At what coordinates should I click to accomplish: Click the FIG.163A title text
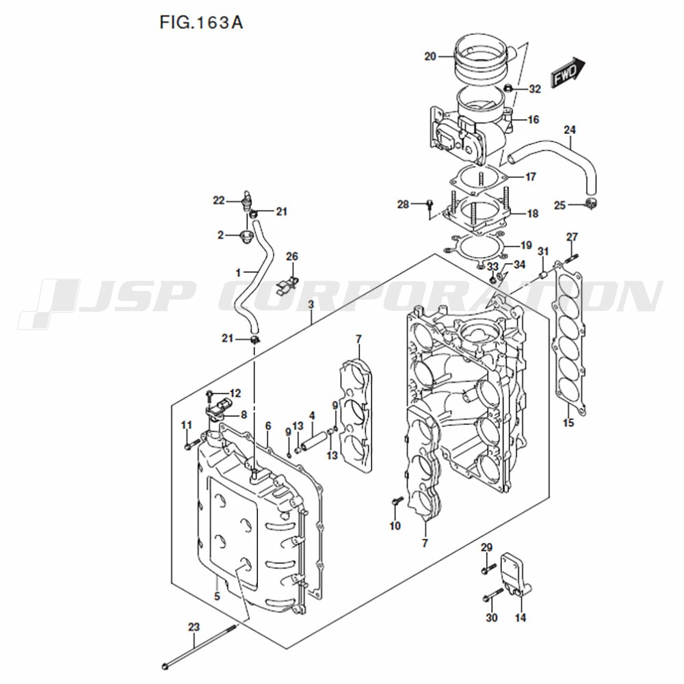pos(201,23)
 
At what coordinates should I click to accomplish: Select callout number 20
pos(430,56)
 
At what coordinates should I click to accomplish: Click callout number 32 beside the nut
pos(535,89)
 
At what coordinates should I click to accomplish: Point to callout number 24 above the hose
pos(569,129)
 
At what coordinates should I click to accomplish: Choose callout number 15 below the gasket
pos(568,423)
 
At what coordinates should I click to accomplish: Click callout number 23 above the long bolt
pos(194,627)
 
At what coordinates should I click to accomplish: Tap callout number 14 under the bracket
pos(521,618)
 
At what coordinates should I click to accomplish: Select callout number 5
pos(218,596)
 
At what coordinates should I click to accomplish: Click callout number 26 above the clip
pos(292,256)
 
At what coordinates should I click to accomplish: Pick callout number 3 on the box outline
pos(311,304)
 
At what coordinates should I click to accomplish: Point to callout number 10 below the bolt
pos(395,526)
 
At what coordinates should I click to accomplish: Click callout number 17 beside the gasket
pos(531,176)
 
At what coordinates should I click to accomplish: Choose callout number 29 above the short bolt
pos(486,547)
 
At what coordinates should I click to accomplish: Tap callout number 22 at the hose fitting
pos(219,200)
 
